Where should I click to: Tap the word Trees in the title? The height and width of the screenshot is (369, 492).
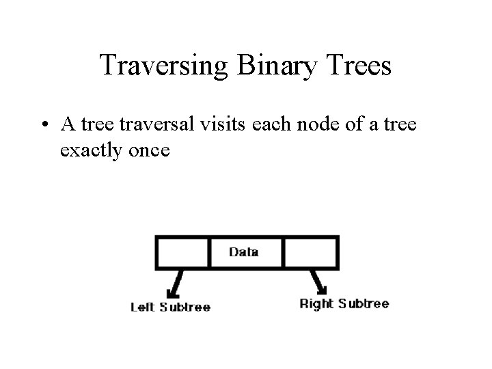coord(362,65)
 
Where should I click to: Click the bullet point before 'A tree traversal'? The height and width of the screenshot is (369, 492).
coord(45,125)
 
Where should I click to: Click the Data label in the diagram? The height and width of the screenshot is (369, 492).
coord(243,252)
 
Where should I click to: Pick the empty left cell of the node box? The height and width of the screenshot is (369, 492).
coord(182,252)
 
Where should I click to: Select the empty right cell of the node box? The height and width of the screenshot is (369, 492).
coord(310,252)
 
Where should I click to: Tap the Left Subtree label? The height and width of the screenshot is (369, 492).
coord(170,307)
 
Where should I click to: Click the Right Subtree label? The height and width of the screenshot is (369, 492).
coord(344,303)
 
